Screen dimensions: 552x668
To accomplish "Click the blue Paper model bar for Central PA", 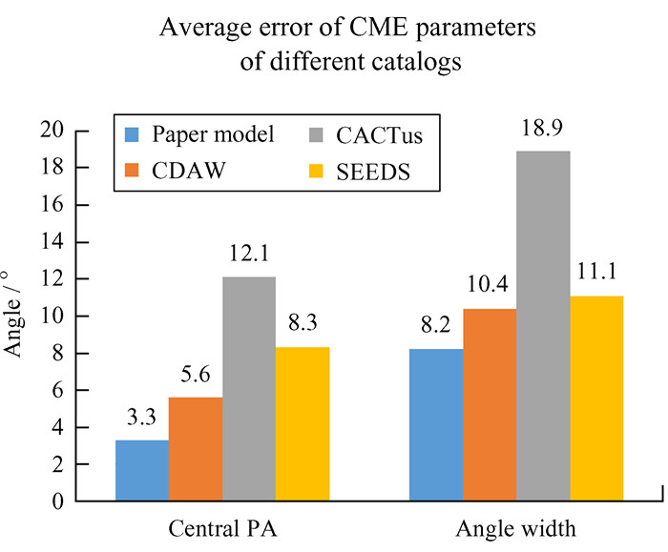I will (141, 470).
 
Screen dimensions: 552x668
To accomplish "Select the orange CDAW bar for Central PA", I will (195, 448).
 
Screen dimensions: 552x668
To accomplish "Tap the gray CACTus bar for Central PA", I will (248, 388).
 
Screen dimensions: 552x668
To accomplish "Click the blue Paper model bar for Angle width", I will (436, 424).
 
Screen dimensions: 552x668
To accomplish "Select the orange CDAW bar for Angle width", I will (490, 404).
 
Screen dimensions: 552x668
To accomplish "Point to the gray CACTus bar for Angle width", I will (543, 325).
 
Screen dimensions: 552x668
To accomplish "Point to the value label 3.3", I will (141, 419).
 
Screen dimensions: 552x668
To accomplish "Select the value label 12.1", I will (248, 256).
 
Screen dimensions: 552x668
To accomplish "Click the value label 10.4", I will (490, 287).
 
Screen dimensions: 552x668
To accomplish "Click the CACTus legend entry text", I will (378, 134).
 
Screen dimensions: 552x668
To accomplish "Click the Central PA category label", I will (221, 527).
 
